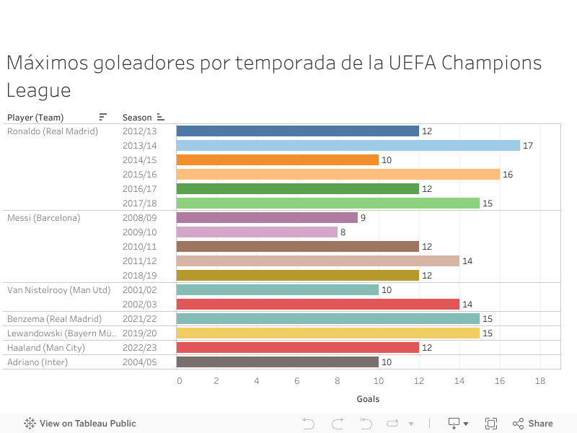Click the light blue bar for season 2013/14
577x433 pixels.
[348, 146]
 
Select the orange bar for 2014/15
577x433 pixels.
[277, 160]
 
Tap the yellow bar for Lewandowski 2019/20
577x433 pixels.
[327, 333]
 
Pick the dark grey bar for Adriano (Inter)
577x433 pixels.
[277, 362]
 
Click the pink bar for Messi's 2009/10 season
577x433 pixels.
[257, 232]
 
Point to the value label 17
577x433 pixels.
[528, 146]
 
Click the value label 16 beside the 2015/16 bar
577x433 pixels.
[508, 175]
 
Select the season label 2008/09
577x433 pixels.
[139, 218]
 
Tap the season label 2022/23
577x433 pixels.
[139, 348]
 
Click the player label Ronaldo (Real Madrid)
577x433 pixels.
[53, 131]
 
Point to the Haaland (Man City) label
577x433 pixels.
[46, 348]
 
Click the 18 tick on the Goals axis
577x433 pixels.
[539, 380]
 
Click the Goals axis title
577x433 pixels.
[368, 399]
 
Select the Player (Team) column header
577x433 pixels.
[35, 118]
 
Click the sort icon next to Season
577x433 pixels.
[160, 117]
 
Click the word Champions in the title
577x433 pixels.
[491, 64]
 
